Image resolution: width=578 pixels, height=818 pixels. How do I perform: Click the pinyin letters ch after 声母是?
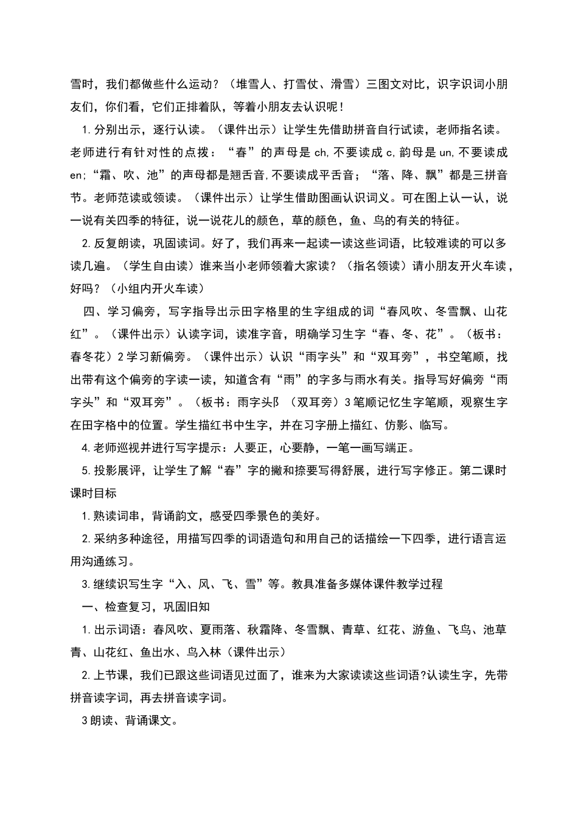click(321, 153)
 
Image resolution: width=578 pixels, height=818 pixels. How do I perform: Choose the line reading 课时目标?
click(93, 494)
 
